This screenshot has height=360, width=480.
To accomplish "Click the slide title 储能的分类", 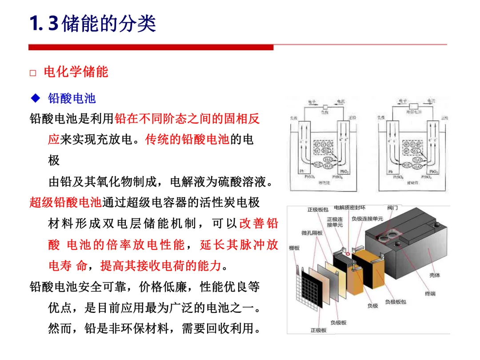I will [108, 24].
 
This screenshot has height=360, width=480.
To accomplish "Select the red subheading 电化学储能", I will [76, 72].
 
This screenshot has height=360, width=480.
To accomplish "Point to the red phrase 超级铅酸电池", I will [66, 203].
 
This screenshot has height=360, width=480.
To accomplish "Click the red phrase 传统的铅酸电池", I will [187, 140].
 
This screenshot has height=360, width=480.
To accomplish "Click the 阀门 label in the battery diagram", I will [392, 208].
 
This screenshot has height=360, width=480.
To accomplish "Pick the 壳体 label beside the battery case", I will [435, 275].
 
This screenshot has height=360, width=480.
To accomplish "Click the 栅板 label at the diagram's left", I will [295, 248].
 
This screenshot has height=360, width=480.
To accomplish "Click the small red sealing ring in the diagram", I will [348, 255].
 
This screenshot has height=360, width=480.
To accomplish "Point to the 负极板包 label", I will [396, 302].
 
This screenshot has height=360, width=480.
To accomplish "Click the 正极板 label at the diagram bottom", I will [318, 330].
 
